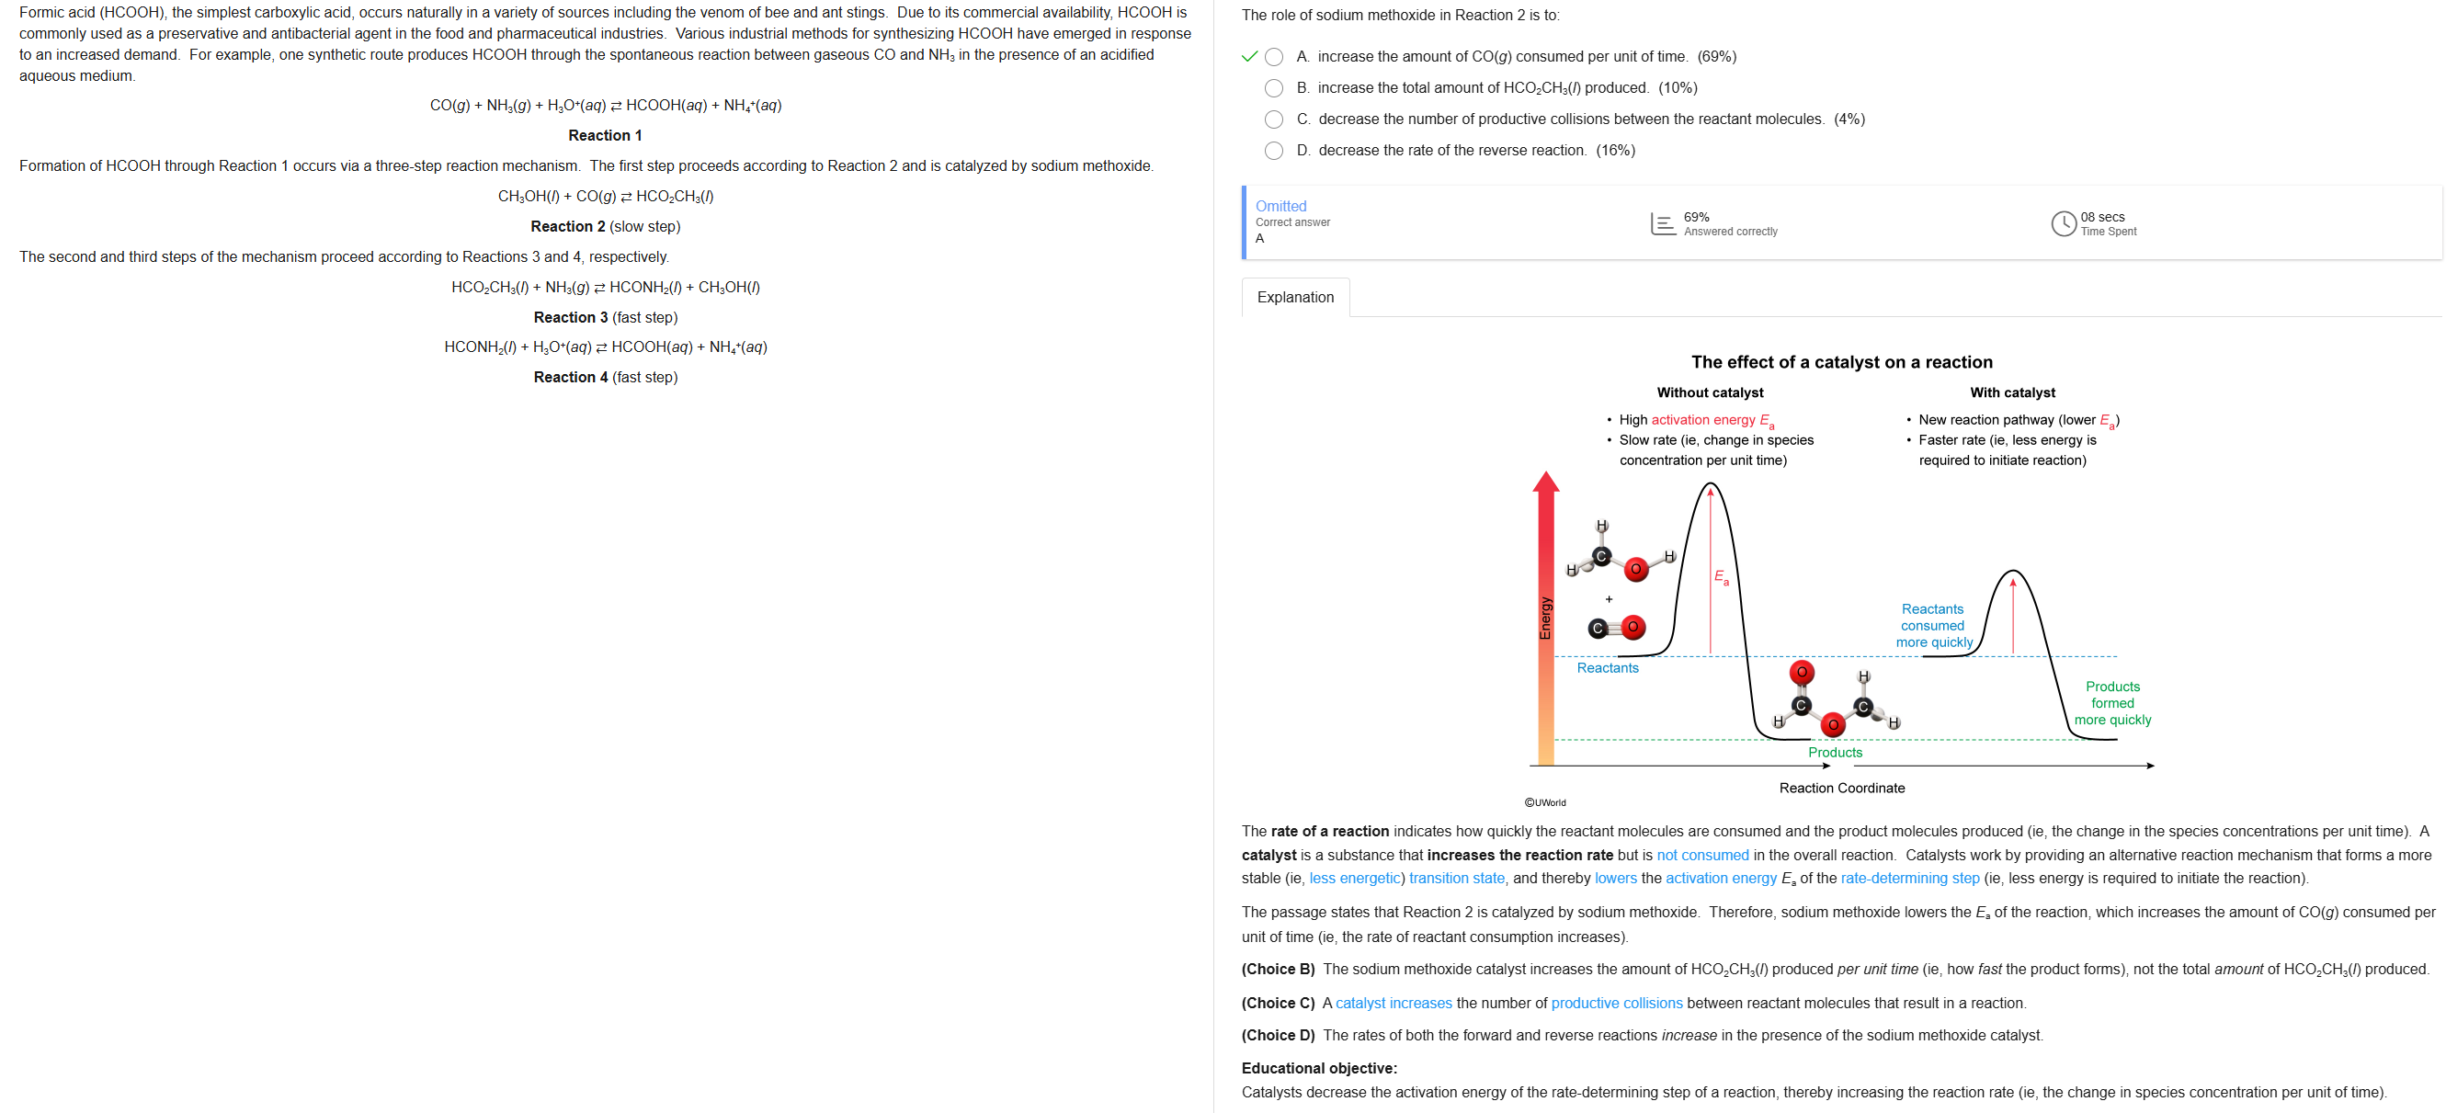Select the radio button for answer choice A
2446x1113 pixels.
1274,57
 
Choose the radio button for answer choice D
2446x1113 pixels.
1274,151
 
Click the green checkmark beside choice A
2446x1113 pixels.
1249,57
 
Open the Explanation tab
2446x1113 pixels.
1295,297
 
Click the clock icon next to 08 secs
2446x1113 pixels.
2064,224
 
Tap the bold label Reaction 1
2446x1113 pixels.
605,136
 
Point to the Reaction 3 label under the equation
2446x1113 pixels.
571,317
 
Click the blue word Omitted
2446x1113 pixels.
1281,206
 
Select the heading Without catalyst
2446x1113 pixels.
1709,392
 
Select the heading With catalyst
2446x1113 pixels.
2012,392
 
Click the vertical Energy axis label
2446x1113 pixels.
1546,618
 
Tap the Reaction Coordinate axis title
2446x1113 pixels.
1841,789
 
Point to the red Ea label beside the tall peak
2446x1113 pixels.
1722,576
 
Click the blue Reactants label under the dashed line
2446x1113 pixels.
1608,667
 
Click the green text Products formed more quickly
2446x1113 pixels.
2111,703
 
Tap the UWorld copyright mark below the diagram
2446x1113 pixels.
1545,802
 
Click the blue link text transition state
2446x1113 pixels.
1457,879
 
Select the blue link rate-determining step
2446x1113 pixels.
1909,879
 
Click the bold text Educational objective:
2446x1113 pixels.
1319,1068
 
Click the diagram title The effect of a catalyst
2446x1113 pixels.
1841,362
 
